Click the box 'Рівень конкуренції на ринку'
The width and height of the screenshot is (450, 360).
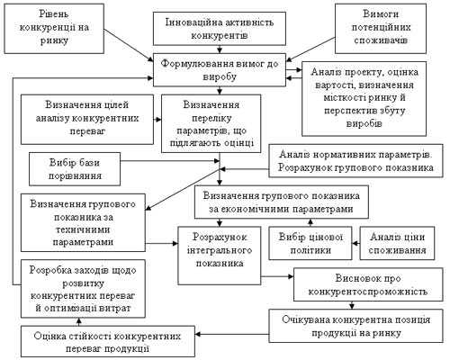[54, 29]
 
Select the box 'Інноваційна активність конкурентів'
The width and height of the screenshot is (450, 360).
[220, 29]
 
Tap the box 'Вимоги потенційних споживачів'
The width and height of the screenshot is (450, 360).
[381, 29]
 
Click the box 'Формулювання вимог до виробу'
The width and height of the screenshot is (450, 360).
[220, 70]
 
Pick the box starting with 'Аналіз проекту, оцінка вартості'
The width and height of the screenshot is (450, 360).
[364, 99]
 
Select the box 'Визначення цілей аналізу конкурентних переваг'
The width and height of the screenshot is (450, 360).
[87, 120]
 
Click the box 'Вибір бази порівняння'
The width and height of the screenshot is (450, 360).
[75, 169]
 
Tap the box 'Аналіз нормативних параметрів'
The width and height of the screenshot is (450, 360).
[355, 161]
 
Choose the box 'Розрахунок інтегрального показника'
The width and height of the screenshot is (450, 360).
[220, 256]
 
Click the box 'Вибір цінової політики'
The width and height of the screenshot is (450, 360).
[310, 243]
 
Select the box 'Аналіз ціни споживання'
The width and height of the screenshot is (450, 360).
[397, 243]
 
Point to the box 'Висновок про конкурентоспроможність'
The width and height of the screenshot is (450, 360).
[368, 284]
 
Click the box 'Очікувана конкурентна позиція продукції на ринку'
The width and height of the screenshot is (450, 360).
[355, 326]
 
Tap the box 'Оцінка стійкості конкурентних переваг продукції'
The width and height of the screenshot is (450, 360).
[108, 342]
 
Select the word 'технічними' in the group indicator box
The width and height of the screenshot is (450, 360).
[83, 229]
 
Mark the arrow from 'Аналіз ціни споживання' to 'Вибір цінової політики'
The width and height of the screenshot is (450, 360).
[356, 243]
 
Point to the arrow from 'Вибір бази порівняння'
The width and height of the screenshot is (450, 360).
[170, 161]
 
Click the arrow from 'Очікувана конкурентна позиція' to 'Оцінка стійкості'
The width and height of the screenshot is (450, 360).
[232, 334]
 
